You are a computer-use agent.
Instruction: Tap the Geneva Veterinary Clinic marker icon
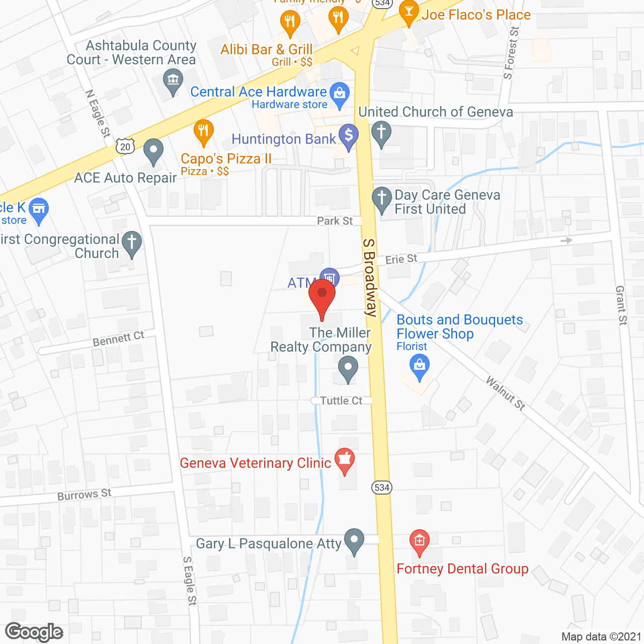click(345, 460)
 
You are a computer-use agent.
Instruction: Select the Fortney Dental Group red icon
click(419, 541)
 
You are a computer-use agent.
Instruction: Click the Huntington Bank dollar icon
click(348, 136)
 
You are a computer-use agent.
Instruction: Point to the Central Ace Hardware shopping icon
click(340, 94)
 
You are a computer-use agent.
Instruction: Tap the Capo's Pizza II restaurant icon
click(203, 132)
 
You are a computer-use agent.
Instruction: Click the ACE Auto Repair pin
click(153, 151)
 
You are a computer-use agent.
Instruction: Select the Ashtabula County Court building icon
click(173, 80)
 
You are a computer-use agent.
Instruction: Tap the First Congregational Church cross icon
click(132, 243)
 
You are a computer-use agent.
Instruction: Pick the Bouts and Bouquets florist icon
click(419, 366)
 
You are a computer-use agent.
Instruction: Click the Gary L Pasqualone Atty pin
click(354, 540)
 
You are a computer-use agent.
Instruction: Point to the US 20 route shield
click(125, 146)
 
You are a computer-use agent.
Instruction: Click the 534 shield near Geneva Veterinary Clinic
click(382, 487)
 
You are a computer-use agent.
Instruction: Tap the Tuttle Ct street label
click(341, 400)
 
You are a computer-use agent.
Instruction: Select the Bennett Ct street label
click(118, 339)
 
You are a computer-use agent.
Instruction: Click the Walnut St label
click(505, 393)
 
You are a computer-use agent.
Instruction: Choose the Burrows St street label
click(84, 495)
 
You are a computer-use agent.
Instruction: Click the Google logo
click(34, 632)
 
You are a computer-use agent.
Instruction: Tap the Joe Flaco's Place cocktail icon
click(409, 13)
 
